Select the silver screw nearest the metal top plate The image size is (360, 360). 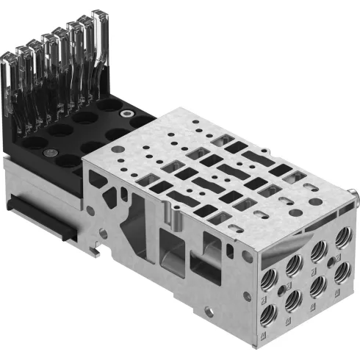pos(128,115)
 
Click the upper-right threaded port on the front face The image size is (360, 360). pos(342,239)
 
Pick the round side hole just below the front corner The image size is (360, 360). pos(248,256)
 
